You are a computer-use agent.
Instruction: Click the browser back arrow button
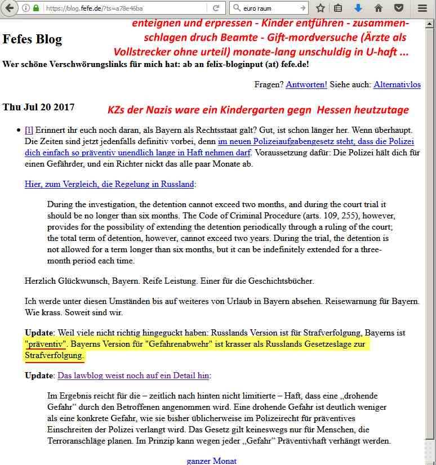(x=10, y=8)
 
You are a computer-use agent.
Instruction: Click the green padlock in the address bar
(x=36, y=8)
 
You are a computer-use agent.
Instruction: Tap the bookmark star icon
(x=321, y=8)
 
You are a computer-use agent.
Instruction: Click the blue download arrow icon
(x=358, y=8)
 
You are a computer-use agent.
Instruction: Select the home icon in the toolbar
(x=379, y=8)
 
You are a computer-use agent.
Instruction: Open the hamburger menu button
(x=422, y=8)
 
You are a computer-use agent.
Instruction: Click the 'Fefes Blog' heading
(x=32, y=39)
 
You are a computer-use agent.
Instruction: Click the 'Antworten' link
(x=306, y=84)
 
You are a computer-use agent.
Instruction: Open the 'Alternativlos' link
(x=397, y=84)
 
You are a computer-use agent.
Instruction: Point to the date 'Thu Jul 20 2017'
(x=38, y=107)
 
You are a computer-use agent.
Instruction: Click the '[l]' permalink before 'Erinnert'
(x=29, y=129)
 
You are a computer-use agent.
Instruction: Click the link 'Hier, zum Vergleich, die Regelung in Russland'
(x=109, y=184)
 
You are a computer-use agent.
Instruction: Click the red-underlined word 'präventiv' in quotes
(x=46, y=343)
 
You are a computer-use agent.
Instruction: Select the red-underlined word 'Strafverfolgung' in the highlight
(x=55, y=355)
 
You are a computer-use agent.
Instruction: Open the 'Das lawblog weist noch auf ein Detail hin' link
(x=134, y=375)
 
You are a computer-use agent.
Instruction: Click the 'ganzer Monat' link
(x=211, y=460)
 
